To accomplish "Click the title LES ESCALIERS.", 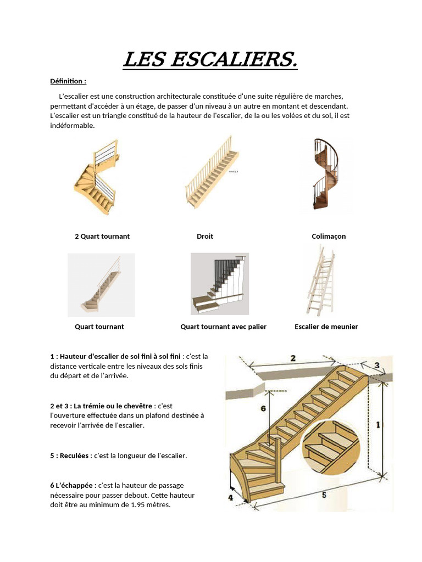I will pyautogui.click(x=210, y=60).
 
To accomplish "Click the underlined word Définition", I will pyautogui.click(x=68, y=81).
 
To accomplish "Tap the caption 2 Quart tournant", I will pyautogui.click(x=102, y=237).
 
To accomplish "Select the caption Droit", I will pyautogui.click(x=204, y=237).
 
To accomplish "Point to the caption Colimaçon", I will pyautogui.click(x=329, y=237).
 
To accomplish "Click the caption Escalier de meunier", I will pyautogui.click(x=326, y=327).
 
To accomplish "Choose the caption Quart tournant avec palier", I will pyautogui.click(x=223, y=327).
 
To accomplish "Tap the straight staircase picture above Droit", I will pyautogui.click(x=212, y=173).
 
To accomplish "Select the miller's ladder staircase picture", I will pyautogui.click(x=321, y=280).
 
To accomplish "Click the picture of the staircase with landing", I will pyautogui.click(x=219, y=284).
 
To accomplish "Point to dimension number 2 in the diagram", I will pyautogui.click(x=293, y=358).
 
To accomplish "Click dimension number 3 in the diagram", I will pyautogui.click(x=377, y=365).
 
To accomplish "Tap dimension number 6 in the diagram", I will pyautogui.click(x=263, y=408).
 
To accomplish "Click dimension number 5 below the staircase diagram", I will pyautogui.click(x=324, y=495).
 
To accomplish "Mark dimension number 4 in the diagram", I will pyautogui.click(x=231, y=498).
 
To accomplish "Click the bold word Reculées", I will pyautogui.click(x=74, y=456).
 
